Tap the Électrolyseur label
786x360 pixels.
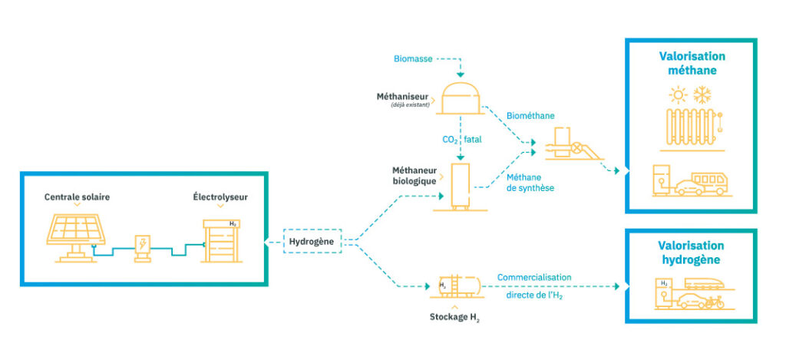220,197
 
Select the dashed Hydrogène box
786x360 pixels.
312,241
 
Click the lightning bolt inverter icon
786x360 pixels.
143,248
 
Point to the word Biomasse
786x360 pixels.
412,59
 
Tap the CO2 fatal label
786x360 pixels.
461,140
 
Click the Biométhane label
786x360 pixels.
530,116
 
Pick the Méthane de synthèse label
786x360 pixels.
530,183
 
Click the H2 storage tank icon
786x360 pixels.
457,286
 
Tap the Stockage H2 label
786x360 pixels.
454,317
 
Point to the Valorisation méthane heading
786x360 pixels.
692,63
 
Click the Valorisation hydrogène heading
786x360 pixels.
691,253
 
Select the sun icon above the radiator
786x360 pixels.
679,94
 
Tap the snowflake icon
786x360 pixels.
702,94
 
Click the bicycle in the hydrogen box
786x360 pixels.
714,302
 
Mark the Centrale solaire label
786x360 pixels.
77,197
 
